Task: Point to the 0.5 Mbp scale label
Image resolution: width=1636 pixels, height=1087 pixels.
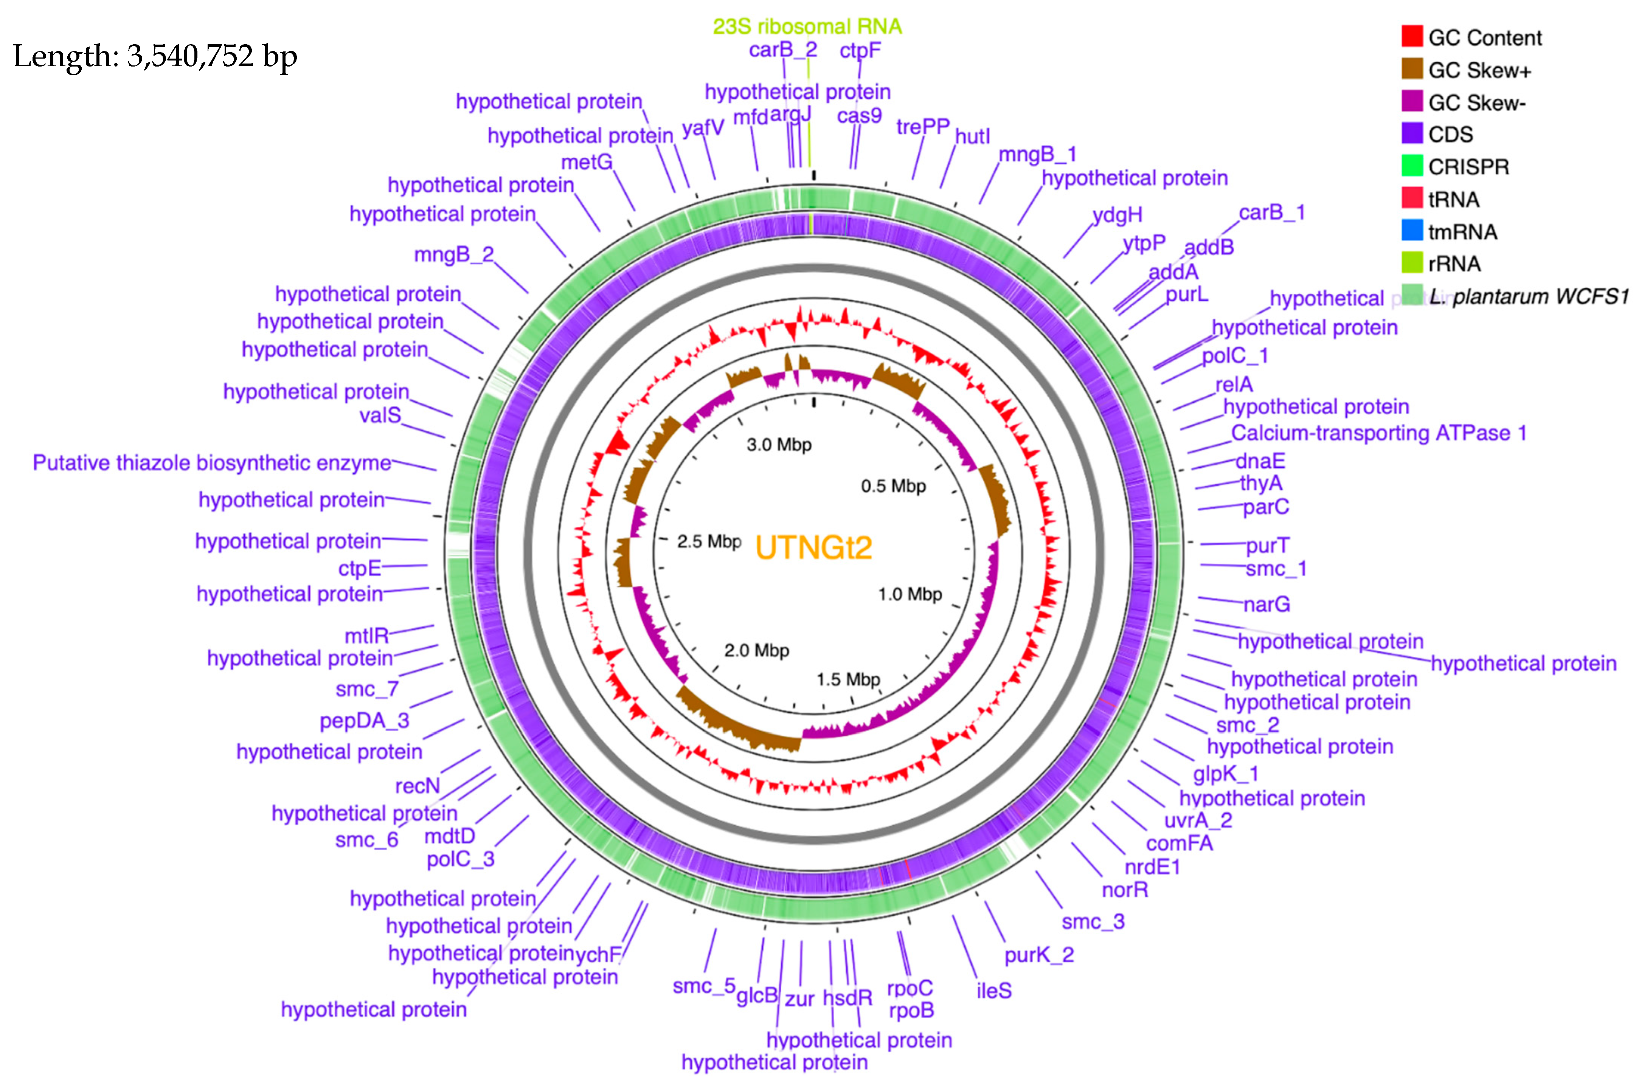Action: (893, 486)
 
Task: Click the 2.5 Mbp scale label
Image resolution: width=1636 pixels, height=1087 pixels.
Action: (708, 541)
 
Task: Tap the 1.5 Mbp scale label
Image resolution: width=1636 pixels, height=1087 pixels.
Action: (848, 679)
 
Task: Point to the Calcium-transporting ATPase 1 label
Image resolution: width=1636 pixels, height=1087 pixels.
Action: (1378, 433)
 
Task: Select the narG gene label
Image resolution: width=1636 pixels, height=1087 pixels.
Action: (1267, 605)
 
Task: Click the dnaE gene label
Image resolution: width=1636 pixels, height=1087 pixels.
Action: (1260, 461)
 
